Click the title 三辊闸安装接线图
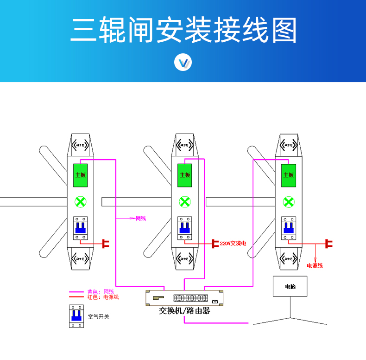183,31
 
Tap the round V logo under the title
183,63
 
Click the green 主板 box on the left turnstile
81,175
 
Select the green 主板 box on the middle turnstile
185,175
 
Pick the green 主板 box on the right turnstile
288,175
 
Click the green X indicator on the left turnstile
81,202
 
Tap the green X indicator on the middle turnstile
185,202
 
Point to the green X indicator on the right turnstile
288,202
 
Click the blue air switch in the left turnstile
81,228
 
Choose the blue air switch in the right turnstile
288,228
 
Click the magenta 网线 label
140,218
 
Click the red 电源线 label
315,265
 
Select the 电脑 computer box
290,287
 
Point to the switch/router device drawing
184,298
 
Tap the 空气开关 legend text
98,317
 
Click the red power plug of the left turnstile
105,243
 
